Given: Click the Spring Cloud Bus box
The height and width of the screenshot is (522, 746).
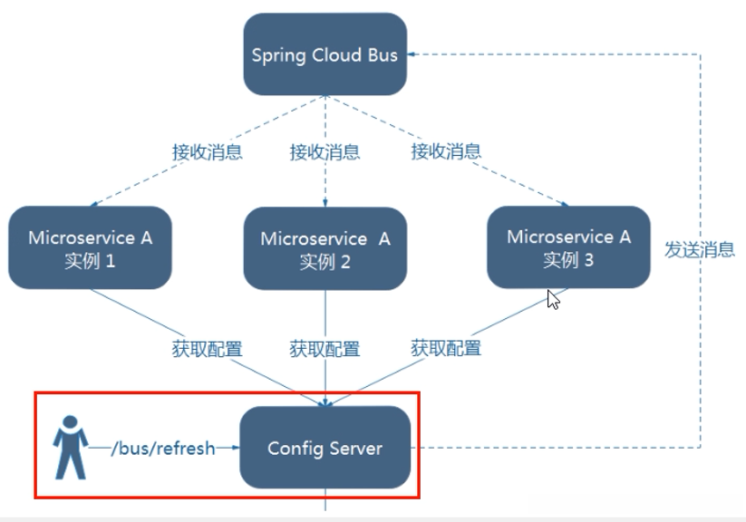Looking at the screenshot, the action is (x=325, y=53).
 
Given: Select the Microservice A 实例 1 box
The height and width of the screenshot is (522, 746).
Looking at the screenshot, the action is (x=90, y=247).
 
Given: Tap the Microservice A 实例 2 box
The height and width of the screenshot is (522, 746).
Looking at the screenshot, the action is (x=325, y=248).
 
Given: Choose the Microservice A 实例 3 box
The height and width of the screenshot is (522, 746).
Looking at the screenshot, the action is (x=568, y=247).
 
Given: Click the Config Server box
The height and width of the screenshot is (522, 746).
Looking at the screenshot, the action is (x=325, y=448).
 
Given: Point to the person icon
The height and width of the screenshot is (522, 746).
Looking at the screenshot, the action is (x=71, y=448).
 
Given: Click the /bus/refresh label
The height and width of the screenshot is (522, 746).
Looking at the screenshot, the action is (x=163, y=449).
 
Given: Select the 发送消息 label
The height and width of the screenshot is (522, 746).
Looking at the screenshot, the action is (x=700, y=249).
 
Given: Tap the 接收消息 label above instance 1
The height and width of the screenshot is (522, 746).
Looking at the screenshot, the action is (x=207, y=151).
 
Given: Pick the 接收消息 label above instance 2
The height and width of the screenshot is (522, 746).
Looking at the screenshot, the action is (x=325, y=151).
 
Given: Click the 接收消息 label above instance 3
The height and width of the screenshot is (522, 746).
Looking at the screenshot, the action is (x=446, y=151).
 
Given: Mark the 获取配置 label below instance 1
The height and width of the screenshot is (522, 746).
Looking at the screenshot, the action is (x=207, y=349).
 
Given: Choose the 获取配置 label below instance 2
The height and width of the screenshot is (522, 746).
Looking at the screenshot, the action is (x=325, y=349).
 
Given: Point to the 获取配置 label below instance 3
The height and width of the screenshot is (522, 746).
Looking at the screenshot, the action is (x=446, y=348).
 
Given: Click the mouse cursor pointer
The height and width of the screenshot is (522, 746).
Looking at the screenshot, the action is (x=553, y=300).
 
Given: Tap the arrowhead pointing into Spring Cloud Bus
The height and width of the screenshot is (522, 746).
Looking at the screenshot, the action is (x=412, y=54).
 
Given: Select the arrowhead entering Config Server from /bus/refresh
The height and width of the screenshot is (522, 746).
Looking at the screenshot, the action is (x=235, y=448).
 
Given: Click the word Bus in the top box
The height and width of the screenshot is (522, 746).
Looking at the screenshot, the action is (x=383, y=54).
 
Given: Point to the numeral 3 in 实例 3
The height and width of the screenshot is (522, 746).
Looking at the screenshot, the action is (x=588, y=260).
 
